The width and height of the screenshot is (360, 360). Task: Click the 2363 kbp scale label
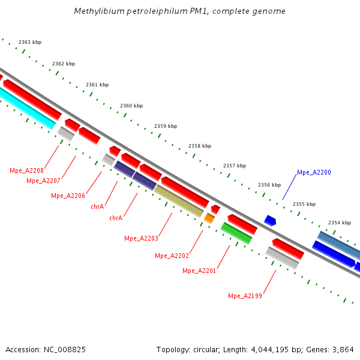(x=30, y=42)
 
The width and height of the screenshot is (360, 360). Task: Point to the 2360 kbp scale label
(x=131, y=106)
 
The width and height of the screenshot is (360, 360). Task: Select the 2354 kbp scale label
(x=340, y=223)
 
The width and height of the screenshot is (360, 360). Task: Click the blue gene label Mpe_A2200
(x=314, y=173)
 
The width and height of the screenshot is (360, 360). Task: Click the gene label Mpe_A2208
(x=26, y=170)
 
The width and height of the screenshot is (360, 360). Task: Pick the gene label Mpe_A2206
(x=68, y=196)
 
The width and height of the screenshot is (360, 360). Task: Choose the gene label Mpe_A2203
(x=141, y=238)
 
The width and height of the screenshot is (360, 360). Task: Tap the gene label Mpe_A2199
(x=245, y=296)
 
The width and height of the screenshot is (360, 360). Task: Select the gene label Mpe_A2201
(x=199, y=271)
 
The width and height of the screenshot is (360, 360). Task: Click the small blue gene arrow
(x=270, y=221)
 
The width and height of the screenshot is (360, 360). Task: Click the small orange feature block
(x=209, y=218)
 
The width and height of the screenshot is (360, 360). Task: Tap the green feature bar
(x=236, y=233)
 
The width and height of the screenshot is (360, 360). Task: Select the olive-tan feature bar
(x=179, y=201)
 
